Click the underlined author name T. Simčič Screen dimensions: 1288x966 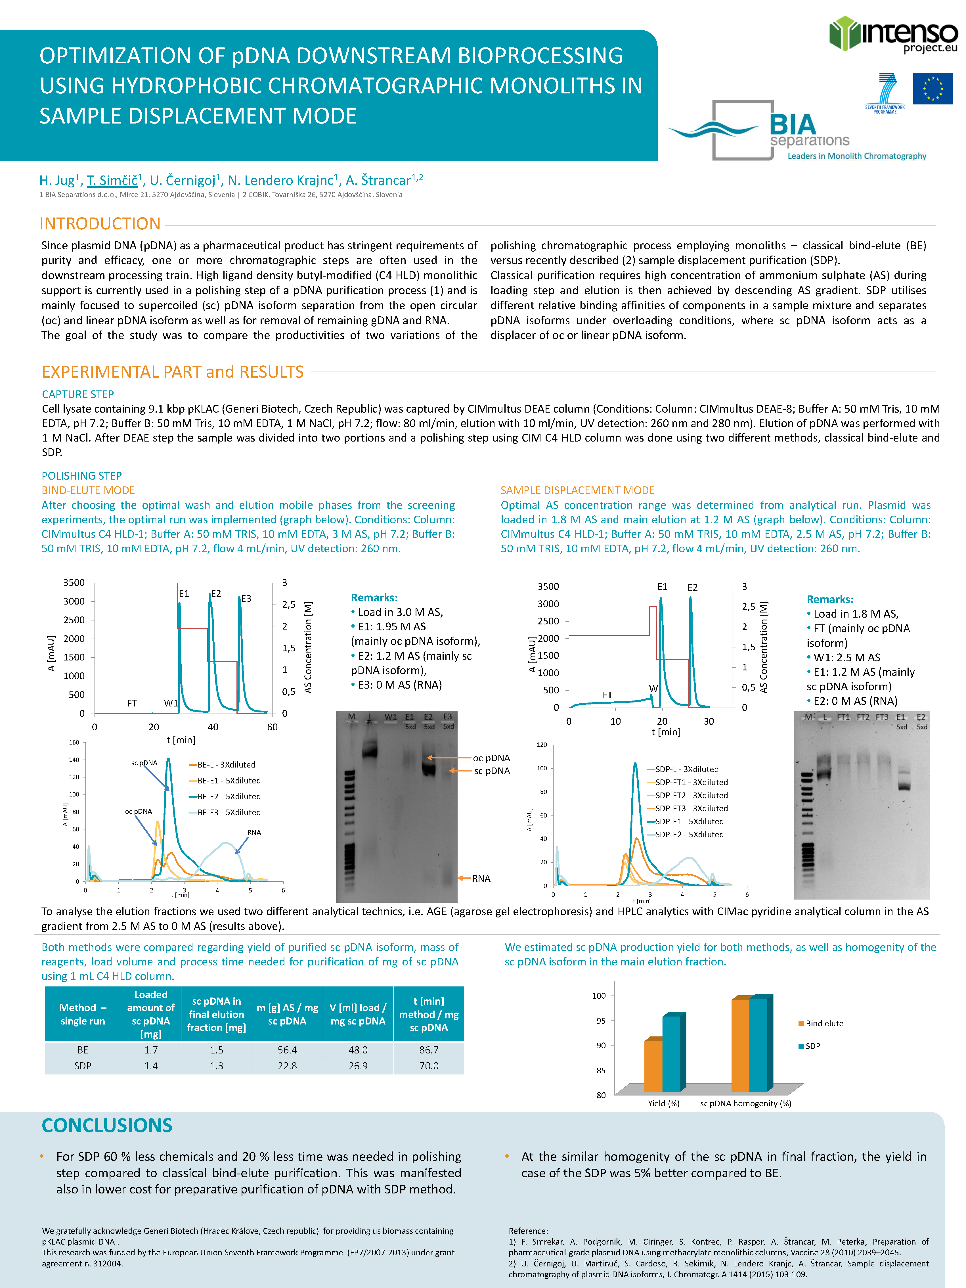(112, 181)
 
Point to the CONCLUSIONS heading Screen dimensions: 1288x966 (106, 1126)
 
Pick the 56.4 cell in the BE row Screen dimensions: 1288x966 (287, 1050)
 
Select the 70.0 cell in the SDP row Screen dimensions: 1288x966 (429, 1066)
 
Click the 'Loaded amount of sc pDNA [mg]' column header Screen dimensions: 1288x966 (151, 1014)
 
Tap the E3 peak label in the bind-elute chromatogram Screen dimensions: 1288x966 (246, 599)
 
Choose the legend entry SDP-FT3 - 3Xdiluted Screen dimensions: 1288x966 (691, 808)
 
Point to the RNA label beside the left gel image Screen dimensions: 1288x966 (481, 878)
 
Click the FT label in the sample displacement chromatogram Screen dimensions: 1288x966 (607, 695)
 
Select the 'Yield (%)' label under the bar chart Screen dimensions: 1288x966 (663, 1103)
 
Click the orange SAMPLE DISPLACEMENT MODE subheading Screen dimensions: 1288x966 (577, 490)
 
